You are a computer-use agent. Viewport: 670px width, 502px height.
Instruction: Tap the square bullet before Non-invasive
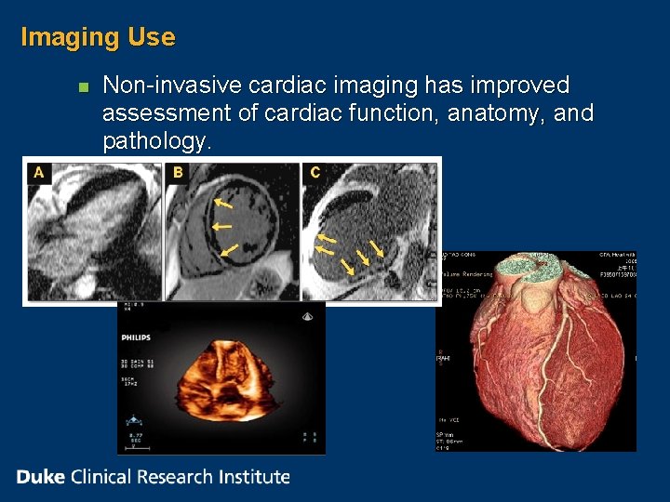click(x=82, y=87)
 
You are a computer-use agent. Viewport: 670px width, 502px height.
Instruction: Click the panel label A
click(x=38, y=172)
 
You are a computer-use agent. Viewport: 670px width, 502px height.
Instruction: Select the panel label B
click(x=178, y=172)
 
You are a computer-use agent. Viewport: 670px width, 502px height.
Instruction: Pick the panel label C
click(x=315, y=172)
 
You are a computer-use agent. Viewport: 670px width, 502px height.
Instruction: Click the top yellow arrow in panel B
click(x=223, y=202)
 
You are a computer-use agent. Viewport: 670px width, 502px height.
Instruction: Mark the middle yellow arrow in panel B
click(x=221, y=226)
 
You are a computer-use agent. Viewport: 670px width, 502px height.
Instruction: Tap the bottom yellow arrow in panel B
click(x=229, y=249)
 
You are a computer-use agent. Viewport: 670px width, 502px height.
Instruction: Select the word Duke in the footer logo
click(x=40, y=477)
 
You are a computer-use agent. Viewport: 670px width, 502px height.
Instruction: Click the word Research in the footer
click(x=177, y=477)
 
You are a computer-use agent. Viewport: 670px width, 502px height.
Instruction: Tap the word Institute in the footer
click(x=254, y=477)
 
